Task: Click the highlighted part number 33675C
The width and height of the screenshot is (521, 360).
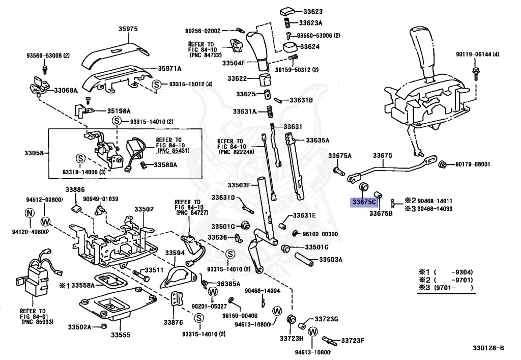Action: pos(364,202)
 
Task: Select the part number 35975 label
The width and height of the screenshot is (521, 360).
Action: pos(128,29)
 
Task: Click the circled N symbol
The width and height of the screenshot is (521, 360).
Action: pos(30,212)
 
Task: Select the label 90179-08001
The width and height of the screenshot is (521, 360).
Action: pos(473,164)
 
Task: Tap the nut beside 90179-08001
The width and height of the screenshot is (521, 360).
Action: pos(442,164)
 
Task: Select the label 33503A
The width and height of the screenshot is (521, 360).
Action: pos(331,259)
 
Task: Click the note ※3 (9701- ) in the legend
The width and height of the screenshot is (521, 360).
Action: pos(446,288)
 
